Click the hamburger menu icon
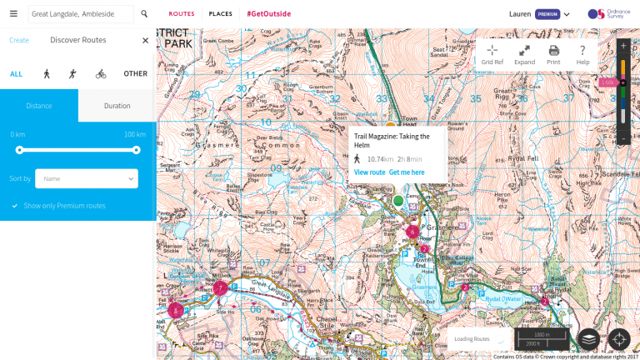[13, 14]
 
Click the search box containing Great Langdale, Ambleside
[81, 14]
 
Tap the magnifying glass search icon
[144, 14]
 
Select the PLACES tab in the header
[221, 14]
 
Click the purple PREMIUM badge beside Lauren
[547, 14]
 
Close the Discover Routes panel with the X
[145, 40]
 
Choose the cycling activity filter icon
[101, 73]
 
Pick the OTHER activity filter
[135, 73]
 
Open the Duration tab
[117, 106]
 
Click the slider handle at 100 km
[136, 150]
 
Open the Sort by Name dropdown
[87, 178]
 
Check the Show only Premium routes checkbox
[15, 205]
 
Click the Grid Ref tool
[492, 54]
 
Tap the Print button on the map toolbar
[553, 54]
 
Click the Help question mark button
[582, 54]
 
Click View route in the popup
[369, 172]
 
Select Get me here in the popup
[407, 172]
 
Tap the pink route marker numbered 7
[220, 288]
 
